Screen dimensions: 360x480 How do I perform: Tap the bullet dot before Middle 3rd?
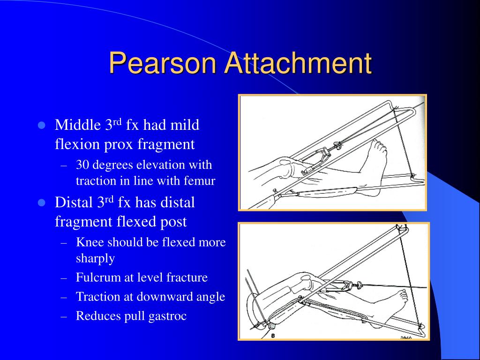[41, 126]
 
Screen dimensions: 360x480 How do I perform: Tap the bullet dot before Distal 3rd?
[41, 203]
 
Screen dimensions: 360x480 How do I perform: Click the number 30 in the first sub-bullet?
[82, 165]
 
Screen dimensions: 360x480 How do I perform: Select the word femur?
[201, 181]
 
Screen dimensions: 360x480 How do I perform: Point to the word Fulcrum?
[96, 277]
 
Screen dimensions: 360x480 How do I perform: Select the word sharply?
[95, 258]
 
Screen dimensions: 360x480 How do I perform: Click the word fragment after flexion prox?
[166, 144]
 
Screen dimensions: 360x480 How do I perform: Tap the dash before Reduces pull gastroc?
[65, 316]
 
